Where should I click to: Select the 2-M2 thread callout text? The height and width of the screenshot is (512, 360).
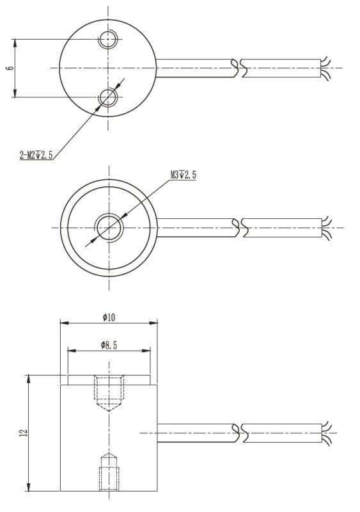coord(36,154)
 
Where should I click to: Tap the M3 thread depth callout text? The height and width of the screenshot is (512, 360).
coord(183,175)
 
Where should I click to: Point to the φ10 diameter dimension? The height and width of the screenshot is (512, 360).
coord(108,317)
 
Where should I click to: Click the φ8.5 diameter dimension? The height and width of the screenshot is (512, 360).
coord(109,345)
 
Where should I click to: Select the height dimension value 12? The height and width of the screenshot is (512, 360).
coord(24,433)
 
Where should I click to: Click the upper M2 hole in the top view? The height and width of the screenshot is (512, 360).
coord(108,40)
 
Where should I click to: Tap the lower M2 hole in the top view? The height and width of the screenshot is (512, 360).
coord(108,97)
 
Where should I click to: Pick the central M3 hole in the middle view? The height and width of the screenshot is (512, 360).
coord(108,227)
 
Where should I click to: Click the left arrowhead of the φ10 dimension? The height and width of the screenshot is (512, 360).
coord(63,323)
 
